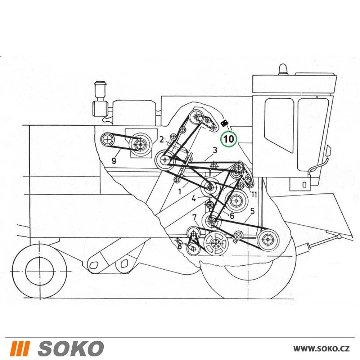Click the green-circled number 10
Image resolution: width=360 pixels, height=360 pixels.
point(229,139)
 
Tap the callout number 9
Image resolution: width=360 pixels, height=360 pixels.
point(114,160)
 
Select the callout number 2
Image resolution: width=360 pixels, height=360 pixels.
point(162,139)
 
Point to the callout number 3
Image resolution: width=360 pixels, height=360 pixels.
point(215,150)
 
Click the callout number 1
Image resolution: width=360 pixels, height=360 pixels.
point(180,191)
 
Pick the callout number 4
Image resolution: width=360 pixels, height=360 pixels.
point(194,198)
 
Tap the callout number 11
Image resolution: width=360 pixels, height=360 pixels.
point(254,194)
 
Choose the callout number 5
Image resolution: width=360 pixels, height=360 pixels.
point(252,211)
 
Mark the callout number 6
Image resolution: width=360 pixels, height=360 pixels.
point(231,216)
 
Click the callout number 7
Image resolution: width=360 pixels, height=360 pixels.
point(194,217)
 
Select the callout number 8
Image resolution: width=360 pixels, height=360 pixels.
point(180,247)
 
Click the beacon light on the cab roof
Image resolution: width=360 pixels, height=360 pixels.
point(283,69)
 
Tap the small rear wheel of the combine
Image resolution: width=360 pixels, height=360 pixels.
point(40,271)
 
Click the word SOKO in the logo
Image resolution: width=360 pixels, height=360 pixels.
point(71,348)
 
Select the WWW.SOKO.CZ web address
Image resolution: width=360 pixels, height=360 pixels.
point(321,348)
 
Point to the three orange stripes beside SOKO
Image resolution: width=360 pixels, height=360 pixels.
point(20,348)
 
